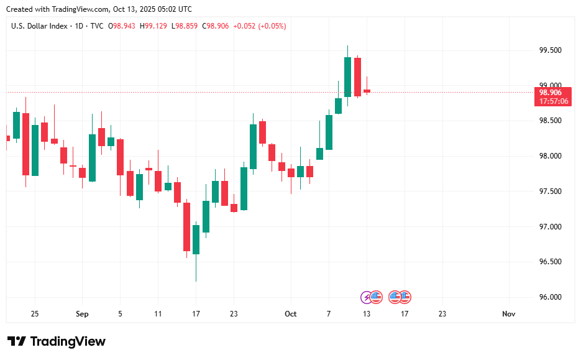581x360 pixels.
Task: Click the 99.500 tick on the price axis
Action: [x=551, y=50]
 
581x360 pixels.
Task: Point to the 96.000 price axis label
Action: [x=551, y=297]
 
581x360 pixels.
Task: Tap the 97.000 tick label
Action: [x=551, y=227]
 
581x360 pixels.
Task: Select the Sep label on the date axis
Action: [x=82, y=314]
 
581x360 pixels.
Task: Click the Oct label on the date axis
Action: [x=291, y=314]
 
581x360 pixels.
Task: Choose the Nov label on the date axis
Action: [x=509, y=314]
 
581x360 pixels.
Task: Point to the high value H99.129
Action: [x=153, y=26]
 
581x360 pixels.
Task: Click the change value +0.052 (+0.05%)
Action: [x=260, y=26]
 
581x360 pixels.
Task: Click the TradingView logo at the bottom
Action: [x=57, y=341]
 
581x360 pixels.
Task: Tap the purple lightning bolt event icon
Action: [x=367, y=297]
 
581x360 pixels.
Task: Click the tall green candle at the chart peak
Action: [x=347, y=76]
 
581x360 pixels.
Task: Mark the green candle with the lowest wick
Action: [x=196, y=239]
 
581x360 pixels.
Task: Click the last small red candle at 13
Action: [x=367, y=91]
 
